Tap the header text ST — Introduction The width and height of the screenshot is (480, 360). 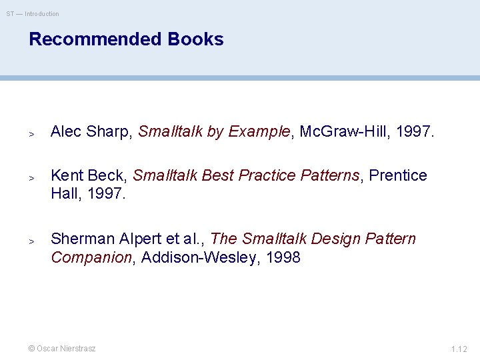pos(33,14)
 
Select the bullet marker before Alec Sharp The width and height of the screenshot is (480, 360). pos(31,133)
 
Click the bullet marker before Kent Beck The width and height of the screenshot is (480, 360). pos(31,177)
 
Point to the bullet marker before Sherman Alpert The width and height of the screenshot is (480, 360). pos(31,241)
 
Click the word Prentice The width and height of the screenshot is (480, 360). pos(398,175)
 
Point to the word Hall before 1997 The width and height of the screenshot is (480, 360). pos(65,194)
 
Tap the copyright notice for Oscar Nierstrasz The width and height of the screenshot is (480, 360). pos(61,349)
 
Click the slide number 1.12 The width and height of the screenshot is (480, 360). pos(459,349)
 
